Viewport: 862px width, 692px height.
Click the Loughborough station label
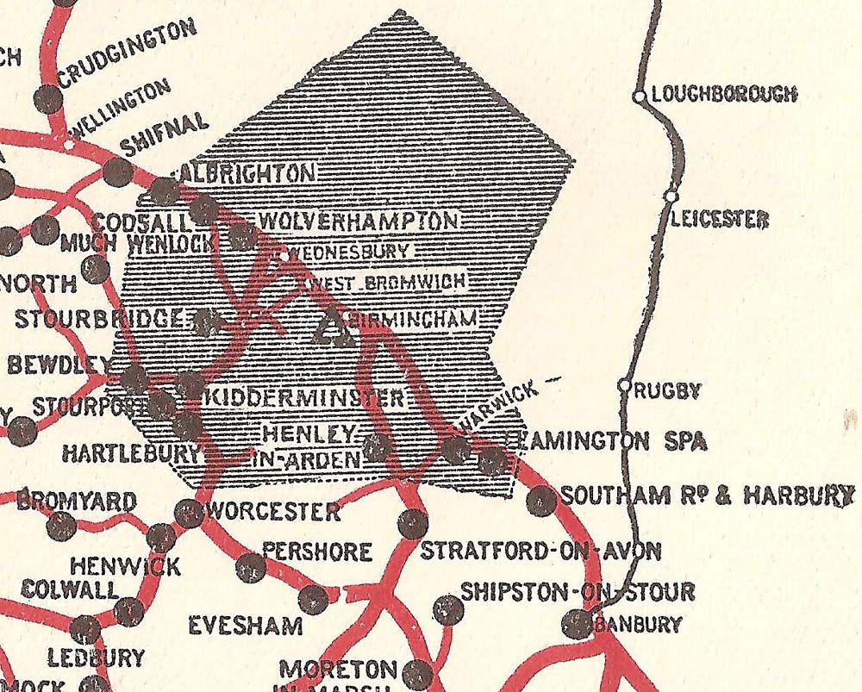point(724,94)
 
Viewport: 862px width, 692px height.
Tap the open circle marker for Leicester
point(670,197)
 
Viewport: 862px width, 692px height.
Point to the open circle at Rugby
point(626,386)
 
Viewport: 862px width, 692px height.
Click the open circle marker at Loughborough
point(640,97)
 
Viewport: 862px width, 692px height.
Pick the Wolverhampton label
point(358,221)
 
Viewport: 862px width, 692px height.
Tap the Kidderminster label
point(304,398)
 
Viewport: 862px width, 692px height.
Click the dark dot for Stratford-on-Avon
point(414,522)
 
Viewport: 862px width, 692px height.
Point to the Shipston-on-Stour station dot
point(447,610)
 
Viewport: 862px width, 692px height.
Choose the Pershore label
point(317,551)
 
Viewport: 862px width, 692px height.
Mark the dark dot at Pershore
point(251,566)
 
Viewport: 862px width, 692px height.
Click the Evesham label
point(246,625)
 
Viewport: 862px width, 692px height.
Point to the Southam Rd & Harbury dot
point(540,500)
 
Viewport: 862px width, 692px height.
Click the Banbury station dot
point(578,624)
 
